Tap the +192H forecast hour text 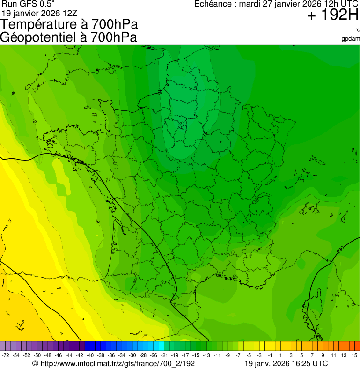pos(333,16)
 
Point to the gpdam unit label pos(351,39)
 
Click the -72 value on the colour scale pos(6,355)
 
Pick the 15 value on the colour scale pos(354,355)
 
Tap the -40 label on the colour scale pos(90,355)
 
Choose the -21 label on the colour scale pos(164,355)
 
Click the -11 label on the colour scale pos(217,355)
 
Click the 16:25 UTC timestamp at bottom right pos(308,363)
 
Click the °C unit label pos(357,30)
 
